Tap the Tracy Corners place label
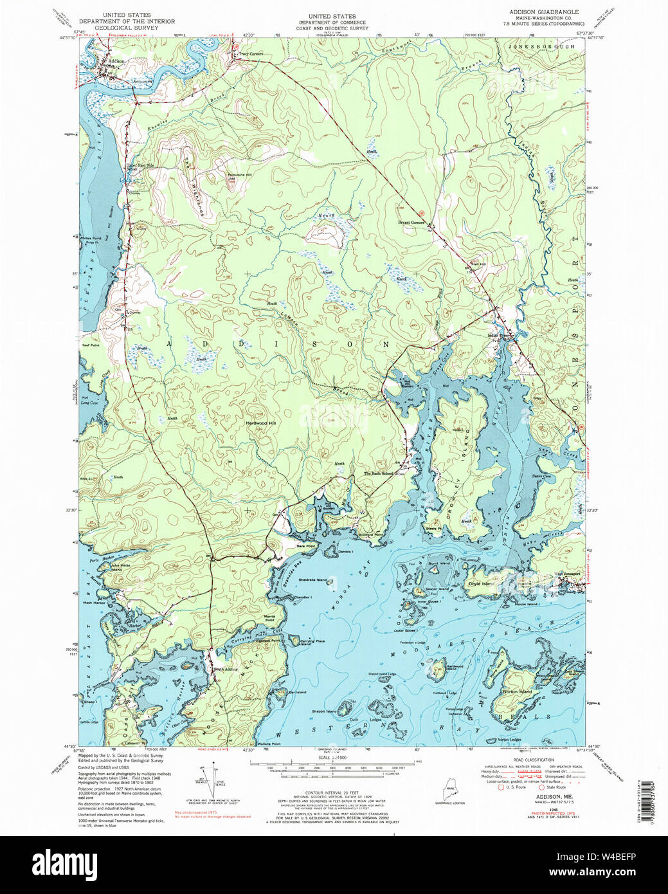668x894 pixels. pos(251,54)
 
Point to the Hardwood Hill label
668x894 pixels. pos(260,423)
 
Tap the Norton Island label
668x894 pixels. pos(518,692)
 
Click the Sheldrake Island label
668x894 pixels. pos(312,579)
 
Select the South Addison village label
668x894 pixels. pos(223,670)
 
